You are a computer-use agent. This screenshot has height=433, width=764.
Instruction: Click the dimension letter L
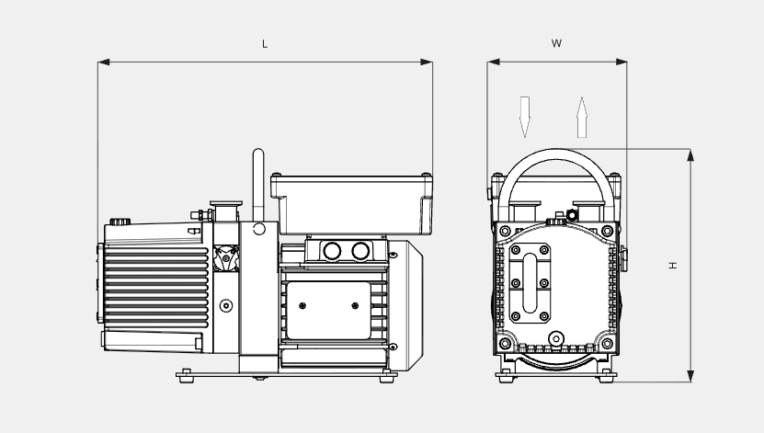tap(265, 44)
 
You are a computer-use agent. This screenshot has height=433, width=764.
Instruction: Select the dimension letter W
tap(557, 43)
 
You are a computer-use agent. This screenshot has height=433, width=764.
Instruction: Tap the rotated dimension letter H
tap(673, 265)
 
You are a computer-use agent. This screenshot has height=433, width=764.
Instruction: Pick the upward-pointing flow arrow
tap(581, 116)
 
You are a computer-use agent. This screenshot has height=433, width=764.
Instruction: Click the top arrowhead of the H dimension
tap(690, 154)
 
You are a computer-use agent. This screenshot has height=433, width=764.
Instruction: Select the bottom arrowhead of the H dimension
tap(690, 376)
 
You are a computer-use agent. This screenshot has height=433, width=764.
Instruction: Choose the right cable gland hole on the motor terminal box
tap(361, 250)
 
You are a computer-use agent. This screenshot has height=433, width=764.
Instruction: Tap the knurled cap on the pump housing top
tap(119, 222)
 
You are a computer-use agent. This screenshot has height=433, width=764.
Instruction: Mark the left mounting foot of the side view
tap(188, 373)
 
